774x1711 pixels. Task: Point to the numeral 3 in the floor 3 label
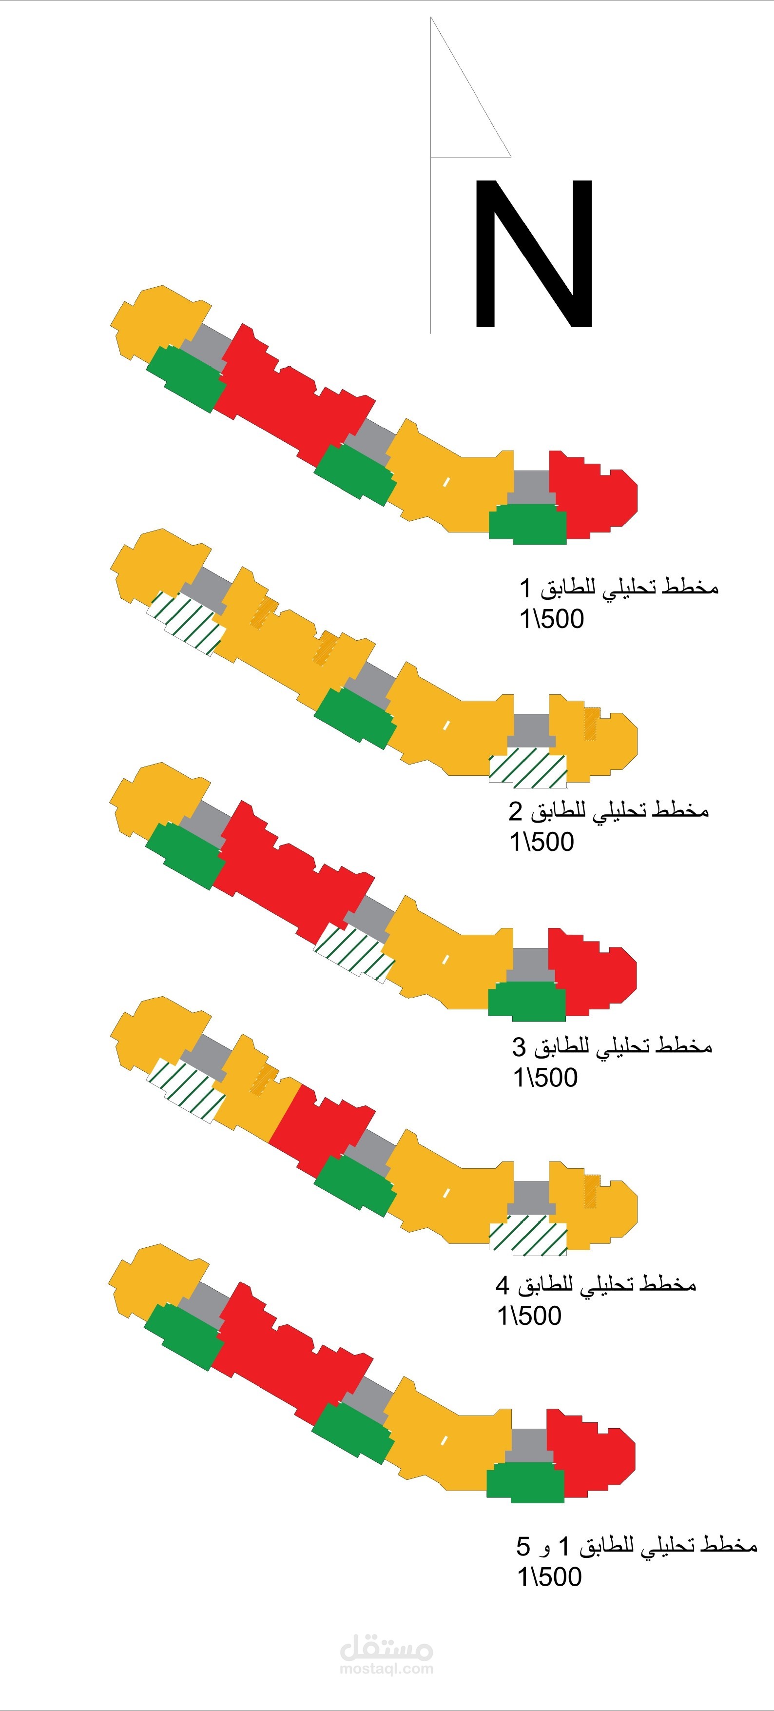pyautogui.click(x=519, y=1047)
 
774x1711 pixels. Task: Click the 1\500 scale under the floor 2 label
pyautogui.click(x=542, y=842)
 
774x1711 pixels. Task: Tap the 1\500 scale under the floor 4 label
pyautogui.click(x=529, y=1316)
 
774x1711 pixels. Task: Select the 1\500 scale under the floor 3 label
pyautogui.click(x=545, y=1078)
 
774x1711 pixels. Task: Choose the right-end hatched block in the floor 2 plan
pyautogui.click(x=528, y=767)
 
